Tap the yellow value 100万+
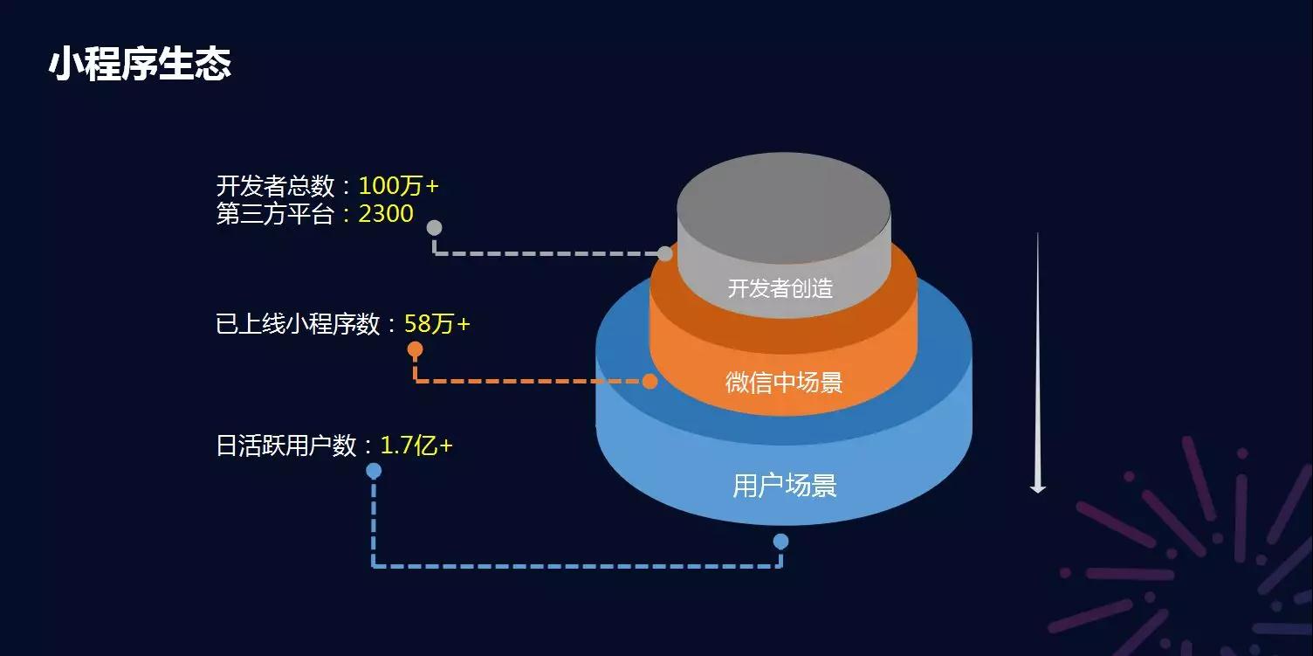click(398, 186)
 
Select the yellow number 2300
click(386, 213)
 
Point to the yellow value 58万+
click(437, 323)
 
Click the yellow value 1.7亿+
click(416, 445)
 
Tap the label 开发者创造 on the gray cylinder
click(780, 288)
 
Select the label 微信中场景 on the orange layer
click(784, 383)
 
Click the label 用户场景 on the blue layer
click(784, 486)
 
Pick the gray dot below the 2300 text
click(435, 227)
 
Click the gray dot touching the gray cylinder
click(664, 254)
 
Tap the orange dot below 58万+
click(415, 349)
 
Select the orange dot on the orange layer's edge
click(650, 381)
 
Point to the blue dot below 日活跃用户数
click(374, 471)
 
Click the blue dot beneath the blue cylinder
click(780, 541)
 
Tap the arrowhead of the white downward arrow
click(1038, 487)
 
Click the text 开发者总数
click(275, 186)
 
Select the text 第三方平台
click(275, 213)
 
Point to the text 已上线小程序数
click(298, 323)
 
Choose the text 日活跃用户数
click(286, 445)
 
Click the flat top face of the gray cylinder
click(784, 208)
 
